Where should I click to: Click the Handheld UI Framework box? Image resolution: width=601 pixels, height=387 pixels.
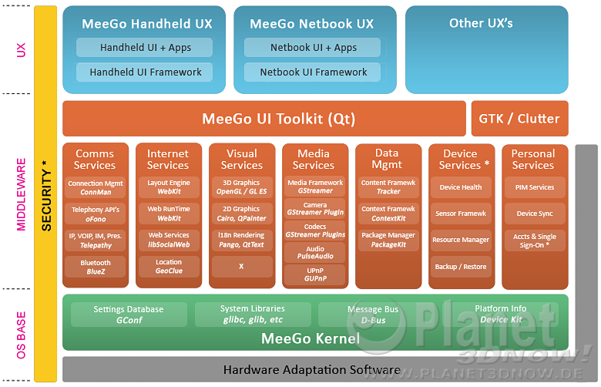click(145, 72)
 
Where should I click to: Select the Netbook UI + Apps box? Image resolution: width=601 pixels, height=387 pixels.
click(312, 48)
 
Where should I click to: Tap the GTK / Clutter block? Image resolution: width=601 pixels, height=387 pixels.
click(520, 119)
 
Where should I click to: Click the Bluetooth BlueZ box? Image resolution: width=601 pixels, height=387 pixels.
click(96, 267)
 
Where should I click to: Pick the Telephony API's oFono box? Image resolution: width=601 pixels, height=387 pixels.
click(96, 214)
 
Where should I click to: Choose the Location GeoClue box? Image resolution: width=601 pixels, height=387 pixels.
click(169, 267)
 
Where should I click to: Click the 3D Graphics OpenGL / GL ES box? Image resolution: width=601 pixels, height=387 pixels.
click(241, 187)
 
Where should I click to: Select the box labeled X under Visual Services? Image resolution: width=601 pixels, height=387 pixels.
click(241, 267)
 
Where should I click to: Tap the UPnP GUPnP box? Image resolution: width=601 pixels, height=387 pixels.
click(315, 274)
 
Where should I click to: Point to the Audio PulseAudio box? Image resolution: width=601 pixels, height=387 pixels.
click(315, 252)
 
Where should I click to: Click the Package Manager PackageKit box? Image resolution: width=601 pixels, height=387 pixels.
click(388, 240)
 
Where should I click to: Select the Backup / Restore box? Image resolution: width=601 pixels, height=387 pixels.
click(461, 267)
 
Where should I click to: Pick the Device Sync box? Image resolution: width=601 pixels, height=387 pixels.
click(535, 214)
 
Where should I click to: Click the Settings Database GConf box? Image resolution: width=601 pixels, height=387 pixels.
click(129, 315)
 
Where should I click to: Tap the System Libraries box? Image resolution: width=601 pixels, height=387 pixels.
click(253, 315)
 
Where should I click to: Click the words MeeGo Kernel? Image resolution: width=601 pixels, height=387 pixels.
click(311, 338)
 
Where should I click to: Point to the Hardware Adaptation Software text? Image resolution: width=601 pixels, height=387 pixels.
click(311, 370)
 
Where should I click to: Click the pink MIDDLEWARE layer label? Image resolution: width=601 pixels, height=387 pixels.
click(21, 194)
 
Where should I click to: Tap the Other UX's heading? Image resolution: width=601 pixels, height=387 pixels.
click(481, 23)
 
